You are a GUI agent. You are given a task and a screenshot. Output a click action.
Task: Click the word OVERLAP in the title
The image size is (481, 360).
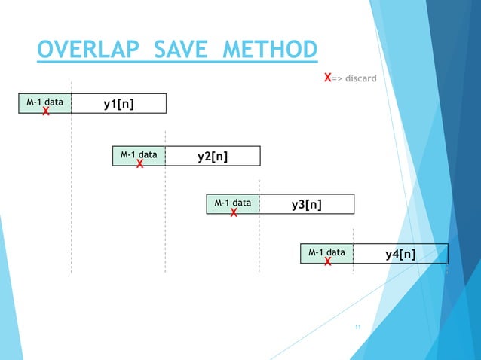point(87,51)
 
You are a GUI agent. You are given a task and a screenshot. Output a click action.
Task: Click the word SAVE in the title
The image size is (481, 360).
point(181,51)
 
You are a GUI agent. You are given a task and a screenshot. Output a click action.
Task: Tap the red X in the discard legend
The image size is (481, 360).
point(327,78)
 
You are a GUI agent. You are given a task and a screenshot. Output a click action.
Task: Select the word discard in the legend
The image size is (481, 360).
point(360,78)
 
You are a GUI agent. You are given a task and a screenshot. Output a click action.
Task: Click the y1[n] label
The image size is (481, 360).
point(119,103)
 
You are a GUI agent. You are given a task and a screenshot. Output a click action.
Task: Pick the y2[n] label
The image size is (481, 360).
point(213,156)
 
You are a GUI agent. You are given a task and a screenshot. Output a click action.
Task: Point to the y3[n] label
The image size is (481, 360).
point(307,204)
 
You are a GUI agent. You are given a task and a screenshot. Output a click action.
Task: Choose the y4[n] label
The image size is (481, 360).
point(400,253)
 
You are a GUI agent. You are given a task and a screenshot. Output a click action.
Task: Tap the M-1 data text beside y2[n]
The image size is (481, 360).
point(139,154)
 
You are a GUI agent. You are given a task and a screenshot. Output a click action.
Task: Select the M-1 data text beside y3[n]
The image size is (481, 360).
point(233,202)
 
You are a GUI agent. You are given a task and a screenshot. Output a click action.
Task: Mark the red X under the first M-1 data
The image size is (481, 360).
point(46,112)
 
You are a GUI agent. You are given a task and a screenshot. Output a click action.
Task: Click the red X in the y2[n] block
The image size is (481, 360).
point(139,165)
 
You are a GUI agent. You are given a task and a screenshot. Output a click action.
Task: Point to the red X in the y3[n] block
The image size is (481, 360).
point(234,213)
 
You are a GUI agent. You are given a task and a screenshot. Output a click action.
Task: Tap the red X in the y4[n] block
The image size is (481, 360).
point(328,262)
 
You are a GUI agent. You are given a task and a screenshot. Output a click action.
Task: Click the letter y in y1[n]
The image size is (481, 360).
point(107,104)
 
